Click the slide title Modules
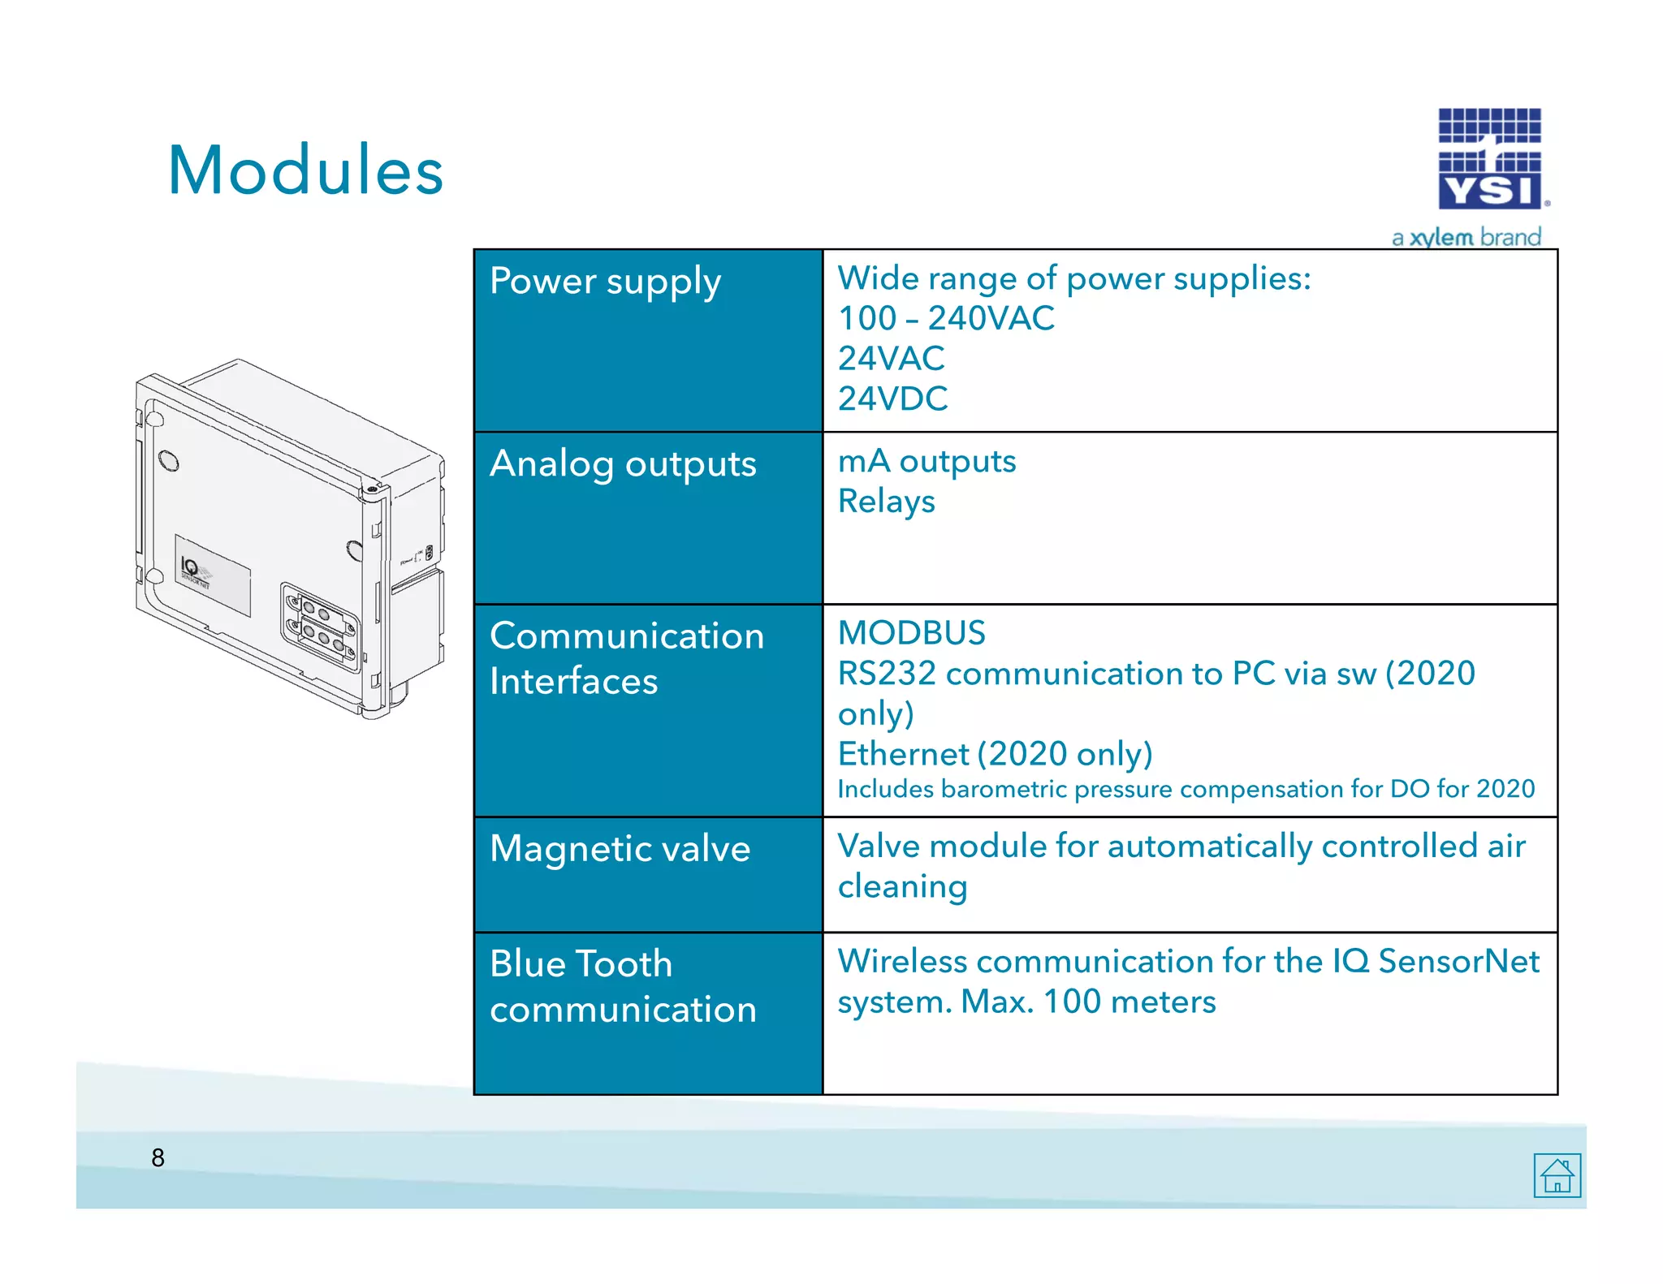(x=305, y=170)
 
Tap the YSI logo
(x=1489, y=160)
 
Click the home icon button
(x=1557, y=1174)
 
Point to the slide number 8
(x=158, y=1157)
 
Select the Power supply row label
(x=605, y=282)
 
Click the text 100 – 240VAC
(x=946, y=318)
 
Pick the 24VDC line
(x=892, y=399)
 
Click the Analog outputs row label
(x=623, y=464)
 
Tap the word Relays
(x=886, y=502)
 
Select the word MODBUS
(x=911, y=633)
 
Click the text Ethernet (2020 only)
(x=995, y=754)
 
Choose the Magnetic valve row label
(x=620, y=849)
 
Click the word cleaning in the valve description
(x=902, y=886)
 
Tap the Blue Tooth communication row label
(x=623, y=986)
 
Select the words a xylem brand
(x=1466, y=238)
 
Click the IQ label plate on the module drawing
(x=213, y=575)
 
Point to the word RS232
(x=887, y=674)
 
